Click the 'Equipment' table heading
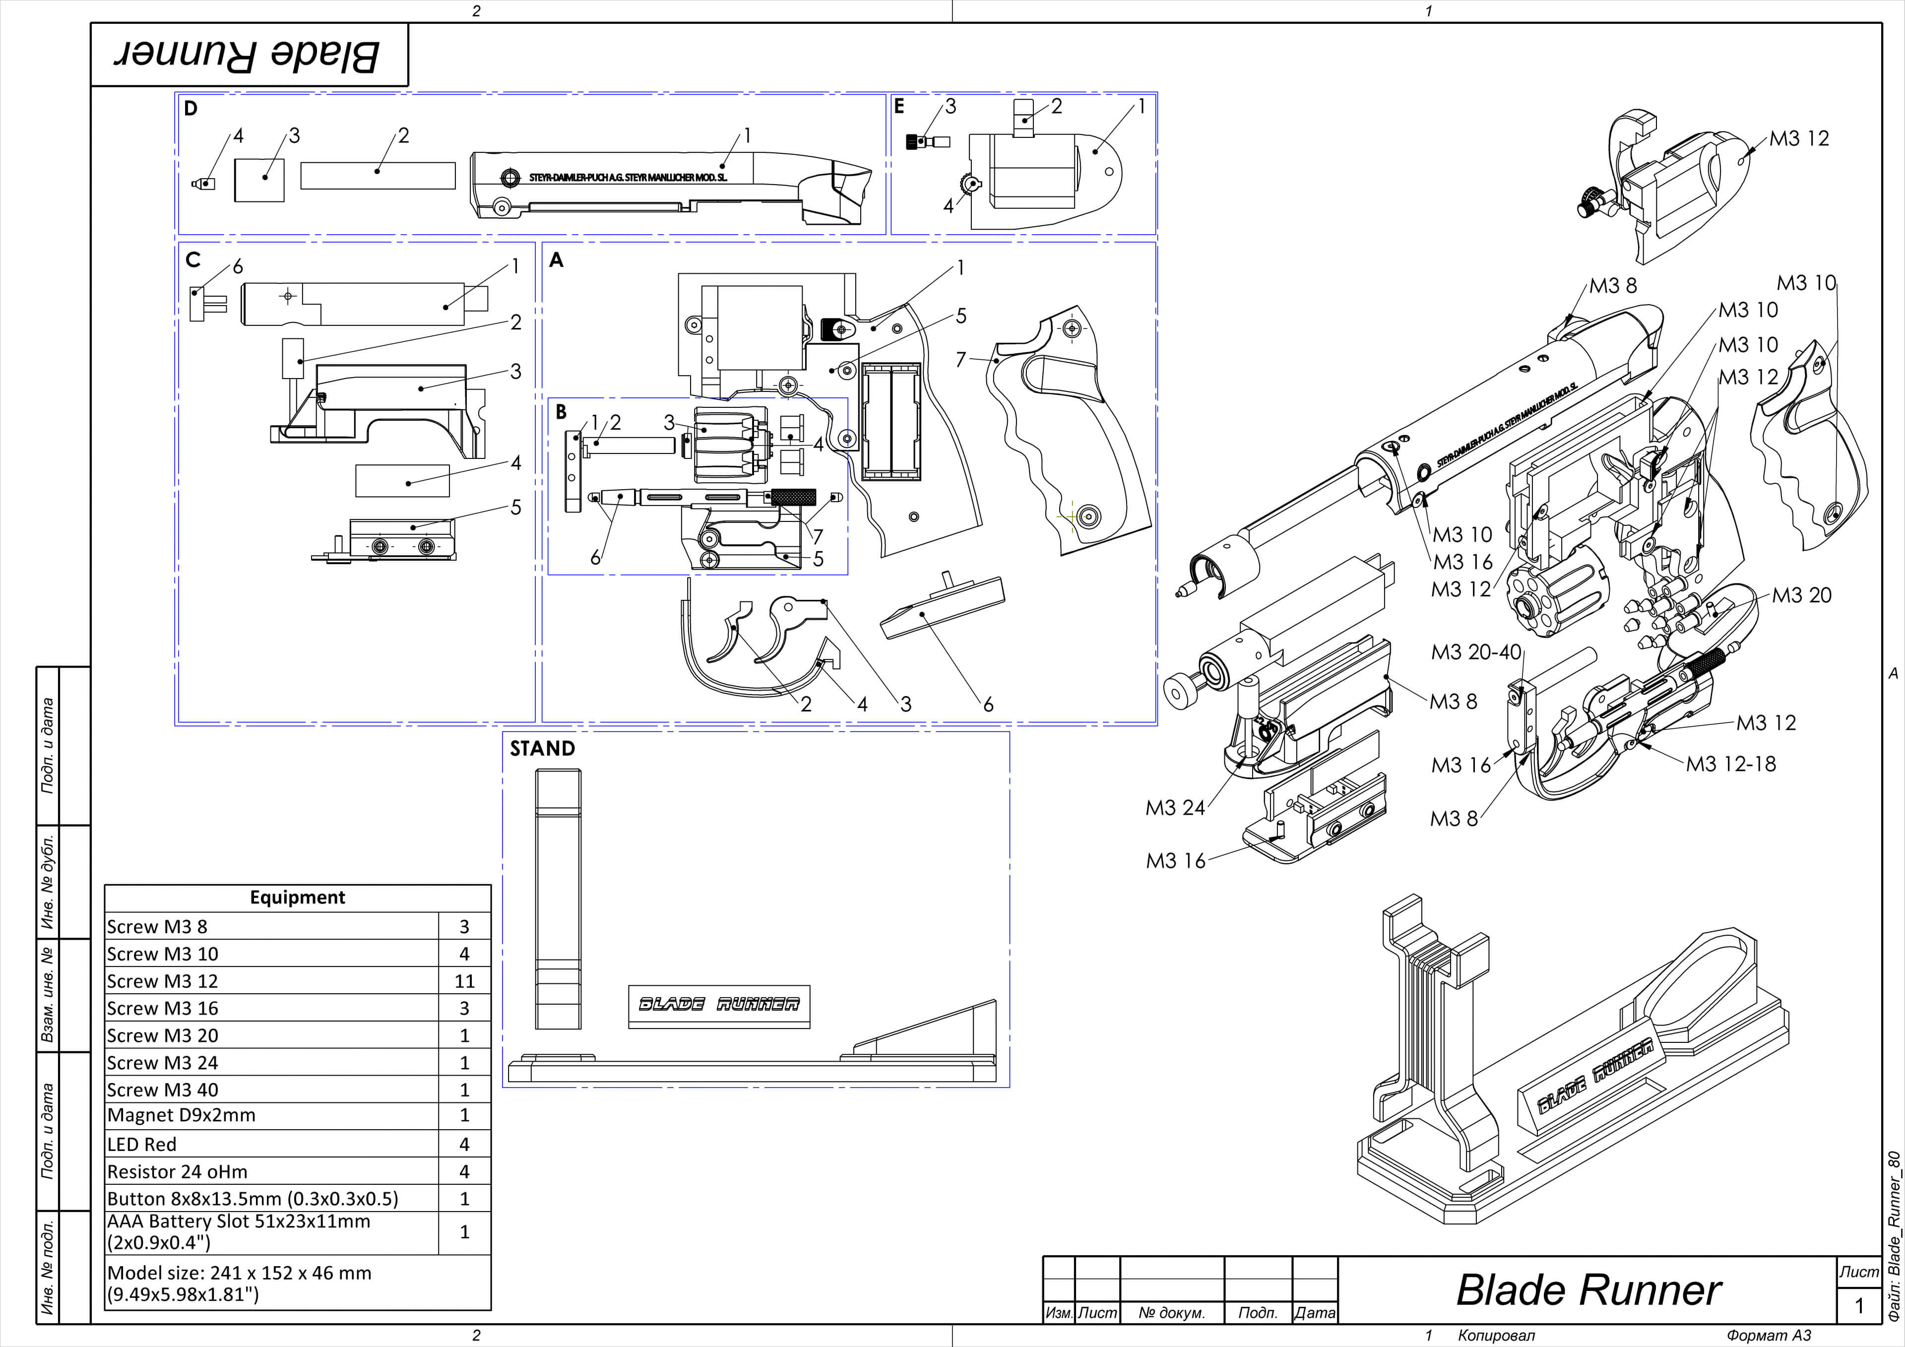tap(297, 897)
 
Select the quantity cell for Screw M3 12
tap(464, 981)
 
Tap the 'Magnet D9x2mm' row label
tap(181, 1115)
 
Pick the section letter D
tap(191, 109)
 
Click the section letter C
tap(193, 260)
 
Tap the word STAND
tap(542, 749)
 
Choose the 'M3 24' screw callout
tap(1175, 808)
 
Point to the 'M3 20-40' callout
tap(1476, 652)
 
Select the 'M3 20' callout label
tap(1801, 595)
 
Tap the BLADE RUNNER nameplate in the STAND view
tap(718, 1005)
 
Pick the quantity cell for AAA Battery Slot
tap(464, 1231)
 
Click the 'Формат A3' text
tap(1768, 1336)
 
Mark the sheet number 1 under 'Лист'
tap(1858, 1305)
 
